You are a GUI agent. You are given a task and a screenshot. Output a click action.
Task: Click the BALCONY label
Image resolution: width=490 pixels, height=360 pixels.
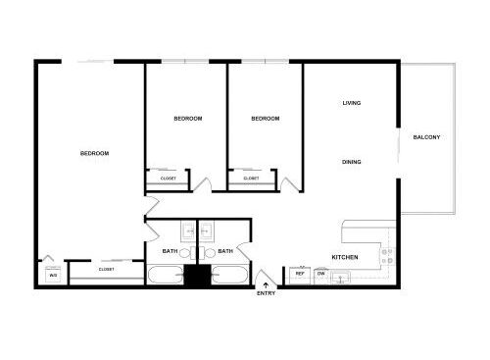pyautogui.click(x=426, y=137)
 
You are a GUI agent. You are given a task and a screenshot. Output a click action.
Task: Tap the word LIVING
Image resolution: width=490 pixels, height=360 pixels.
pyautogui.click(x=352, y=103)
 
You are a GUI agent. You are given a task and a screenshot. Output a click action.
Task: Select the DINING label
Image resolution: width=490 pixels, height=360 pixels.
pyautogui.click(x=352, y=162)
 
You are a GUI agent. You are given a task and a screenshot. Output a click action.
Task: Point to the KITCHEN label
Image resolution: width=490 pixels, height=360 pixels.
pyautogui.click(x=345, y=257)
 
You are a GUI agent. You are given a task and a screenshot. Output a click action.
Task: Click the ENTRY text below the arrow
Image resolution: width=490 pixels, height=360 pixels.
pyautogui.click(x=266, y=293)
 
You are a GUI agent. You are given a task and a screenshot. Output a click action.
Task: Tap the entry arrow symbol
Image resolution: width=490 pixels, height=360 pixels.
pyautogui.click(x=266, y=285)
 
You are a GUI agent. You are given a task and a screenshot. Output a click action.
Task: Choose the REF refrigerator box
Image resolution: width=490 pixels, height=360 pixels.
pyautogui.click(x=300, y=276)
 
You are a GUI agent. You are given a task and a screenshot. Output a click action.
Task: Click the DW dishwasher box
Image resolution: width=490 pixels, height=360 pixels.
pyautogui.click(x=321, y=276)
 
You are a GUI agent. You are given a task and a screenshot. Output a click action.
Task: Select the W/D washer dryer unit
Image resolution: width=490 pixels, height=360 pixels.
pyautogui.click(x=53, y=276)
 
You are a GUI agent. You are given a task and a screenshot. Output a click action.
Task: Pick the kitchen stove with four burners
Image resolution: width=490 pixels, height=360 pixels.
pyautogui.click(x=388, y=256)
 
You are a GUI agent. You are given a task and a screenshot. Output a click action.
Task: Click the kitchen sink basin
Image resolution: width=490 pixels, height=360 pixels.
pyautogui.click(x=340, y=278)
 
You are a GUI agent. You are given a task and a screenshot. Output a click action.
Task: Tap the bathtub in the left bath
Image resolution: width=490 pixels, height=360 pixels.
pyautogui.click(x=166, y=275)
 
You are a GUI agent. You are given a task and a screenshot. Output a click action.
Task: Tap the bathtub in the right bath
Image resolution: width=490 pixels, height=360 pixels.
pyautogui.click(x=229, y=275)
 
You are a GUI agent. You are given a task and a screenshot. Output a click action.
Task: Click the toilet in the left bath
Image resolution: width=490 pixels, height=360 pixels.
pyautogui.click(x=187, y=253)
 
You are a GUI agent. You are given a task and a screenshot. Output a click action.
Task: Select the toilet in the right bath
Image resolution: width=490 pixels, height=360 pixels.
pyautogui.click(x=207, y=253)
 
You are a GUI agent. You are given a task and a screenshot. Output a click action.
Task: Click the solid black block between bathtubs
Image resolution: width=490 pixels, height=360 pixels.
pyautogui.click(x=197, y=277)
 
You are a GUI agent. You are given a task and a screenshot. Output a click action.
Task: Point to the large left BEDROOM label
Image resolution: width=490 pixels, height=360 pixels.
pyautogui.click(x=94, y=153)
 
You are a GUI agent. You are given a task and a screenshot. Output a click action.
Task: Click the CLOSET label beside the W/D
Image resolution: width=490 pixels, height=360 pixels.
pyautogui.click(x=107, y=270)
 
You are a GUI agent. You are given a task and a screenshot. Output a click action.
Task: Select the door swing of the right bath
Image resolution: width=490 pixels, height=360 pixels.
pyautogui.click(x=243, y=251)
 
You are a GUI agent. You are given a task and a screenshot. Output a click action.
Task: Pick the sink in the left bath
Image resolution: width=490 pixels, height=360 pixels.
pyautogui.click(x=189, y=231)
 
